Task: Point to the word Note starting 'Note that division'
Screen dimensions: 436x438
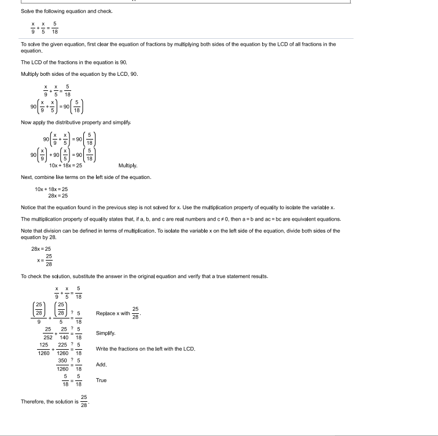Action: click(x=27, y=230)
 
